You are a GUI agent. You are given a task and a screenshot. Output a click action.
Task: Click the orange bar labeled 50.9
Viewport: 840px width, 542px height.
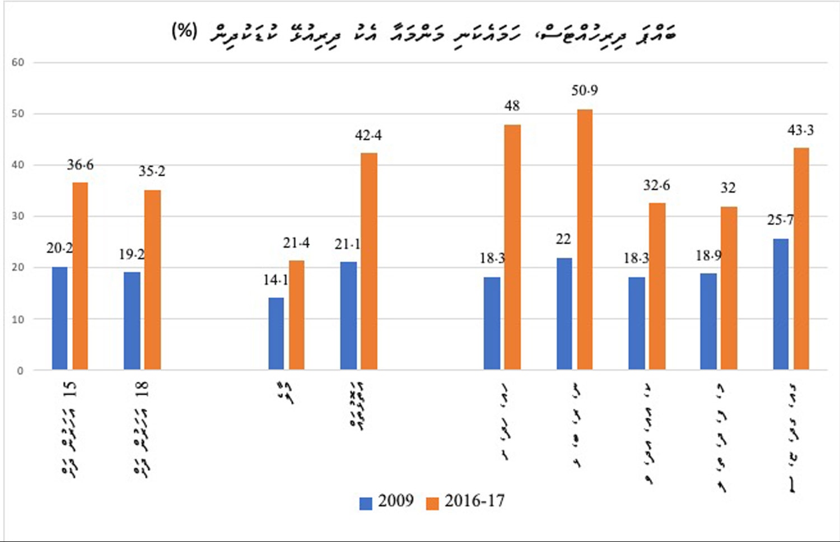[585, 240]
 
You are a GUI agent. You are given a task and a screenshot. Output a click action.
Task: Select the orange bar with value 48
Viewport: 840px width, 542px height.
[512, 247]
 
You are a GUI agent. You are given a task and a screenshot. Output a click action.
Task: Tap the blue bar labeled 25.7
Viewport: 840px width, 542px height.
[781, 304]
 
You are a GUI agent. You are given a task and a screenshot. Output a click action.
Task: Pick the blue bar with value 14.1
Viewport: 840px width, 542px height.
[276, 334]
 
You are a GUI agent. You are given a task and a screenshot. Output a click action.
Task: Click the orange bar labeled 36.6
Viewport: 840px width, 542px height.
[80, 276]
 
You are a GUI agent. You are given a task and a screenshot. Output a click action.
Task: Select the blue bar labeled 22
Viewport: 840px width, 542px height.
[564, 314]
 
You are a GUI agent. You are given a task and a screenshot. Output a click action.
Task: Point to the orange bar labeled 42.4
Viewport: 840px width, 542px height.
[369, 261]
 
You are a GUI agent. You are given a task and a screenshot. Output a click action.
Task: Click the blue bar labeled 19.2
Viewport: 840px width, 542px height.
[132, 321]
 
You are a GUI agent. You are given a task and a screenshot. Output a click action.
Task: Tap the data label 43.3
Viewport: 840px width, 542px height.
[800, 130]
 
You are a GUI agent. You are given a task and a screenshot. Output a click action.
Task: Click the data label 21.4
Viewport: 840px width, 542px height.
[296, 243]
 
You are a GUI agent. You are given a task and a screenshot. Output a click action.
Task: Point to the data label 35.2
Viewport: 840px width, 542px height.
[152, 171]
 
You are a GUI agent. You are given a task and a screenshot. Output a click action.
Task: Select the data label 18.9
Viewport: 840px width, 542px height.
[708, 256]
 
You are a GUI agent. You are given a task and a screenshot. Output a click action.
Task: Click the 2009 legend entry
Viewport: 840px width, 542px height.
[386, 501]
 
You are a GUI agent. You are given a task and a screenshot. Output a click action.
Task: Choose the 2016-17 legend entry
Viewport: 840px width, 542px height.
[465, 501]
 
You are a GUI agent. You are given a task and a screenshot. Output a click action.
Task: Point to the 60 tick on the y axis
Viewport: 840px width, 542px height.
[18, 62]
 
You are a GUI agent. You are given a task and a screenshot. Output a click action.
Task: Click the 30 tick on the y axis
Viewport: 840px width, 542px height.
[18, 216]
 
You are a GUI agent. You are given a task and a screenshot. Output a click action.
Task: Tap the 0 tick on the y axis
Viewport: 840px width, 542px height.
[20, 371]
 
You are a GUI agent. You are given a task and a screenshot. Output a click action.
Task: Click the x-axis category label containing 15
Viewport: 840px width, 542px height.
[69, 428]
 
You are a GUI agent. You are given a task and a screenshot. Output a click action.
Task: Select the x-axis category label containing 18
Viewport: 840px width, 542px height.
[141, 428]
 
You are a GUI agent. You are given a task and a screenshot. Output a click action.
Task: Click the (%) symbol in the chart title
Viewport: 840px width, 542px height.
[184, 31]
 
